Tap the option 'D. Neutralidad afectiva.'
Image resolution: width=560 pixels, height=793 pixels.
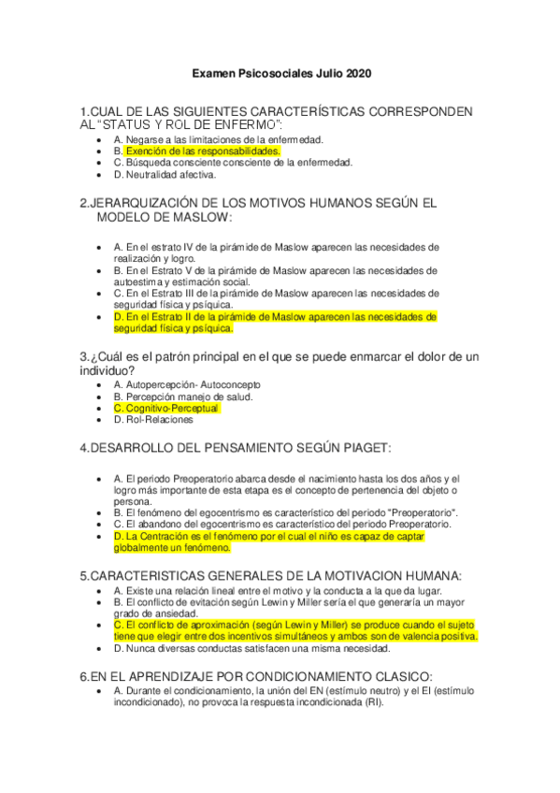click(x=165, y=174)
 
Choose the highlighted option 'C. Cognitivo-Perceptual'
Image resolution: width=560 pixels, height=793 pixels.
click(x=166, y=409)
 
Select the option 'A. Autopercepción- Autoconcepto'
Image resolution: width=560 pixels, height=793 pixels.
click(x=187, y=384)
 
